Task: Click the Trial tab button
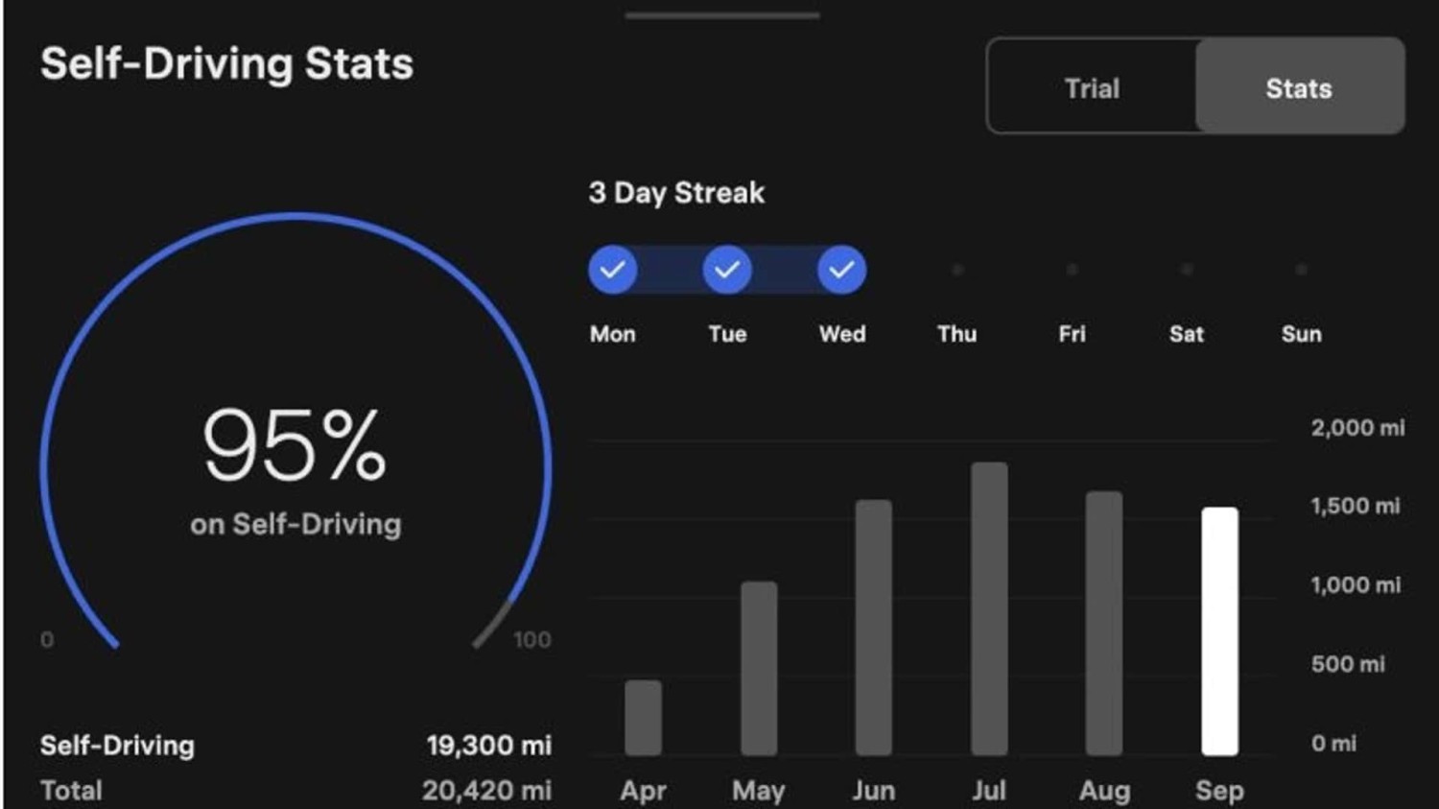(1092, 88)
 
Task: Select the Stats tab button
(1299, 88)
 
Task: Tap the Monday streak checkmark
(613, 270)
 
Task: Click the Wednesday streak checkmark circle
(841, 270)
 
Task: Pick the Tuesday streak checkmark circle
(727, 270)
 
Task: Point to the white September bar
(1219, 631)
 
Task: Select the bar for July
(989, 608)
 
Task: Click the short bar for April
(643, 717)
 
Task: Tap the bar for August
(1104, 623)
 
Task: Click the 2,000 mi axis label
(1356, 428)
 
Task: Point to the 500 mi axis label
(1347, 664)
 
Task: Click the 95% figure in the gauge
(295, 445)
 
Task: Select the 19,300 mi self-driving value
(488, 746)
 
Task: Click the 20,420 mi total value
(486, 791)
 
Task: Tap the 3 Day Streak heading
(676, 193)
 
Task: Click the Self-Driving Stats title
(226, 64)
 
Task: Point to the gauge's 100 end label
(531, 640)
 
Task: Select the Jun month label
(873, 791)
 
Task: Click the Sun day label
(1301, 334)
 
